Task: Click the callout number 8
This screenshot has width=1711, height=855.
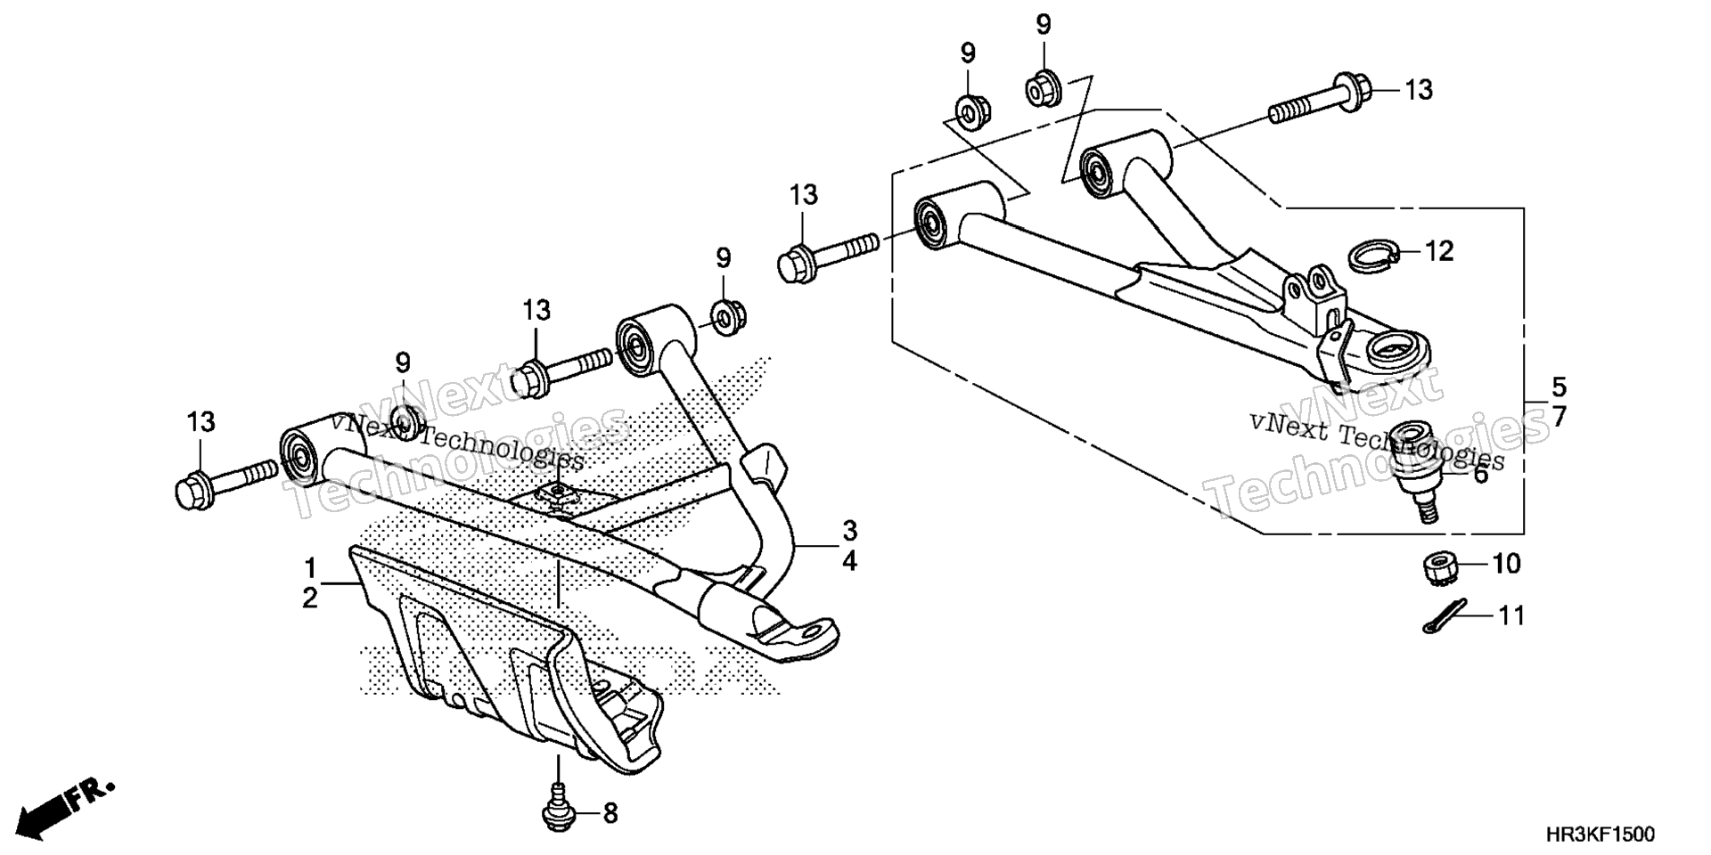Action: [x=610, y=813]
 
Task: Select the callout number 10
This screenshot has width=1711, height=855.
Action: [x=1506, y=564]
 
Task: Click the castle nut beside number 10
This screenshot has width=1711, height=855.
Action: [x=1436, y=568]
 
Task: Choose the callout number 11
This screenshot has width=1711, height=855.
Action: [x=1510, y=615]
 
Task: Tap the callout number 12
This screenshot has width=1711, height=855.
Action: [x=1439, y=251]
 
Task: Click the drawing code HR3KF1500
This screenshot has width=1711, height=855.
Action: [x=1600, y=835]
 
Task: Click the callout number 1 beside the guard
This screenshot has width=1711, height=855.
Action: [x=310, y=567]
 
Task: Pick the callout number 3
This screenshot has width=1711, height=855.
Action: [x=849, y=531]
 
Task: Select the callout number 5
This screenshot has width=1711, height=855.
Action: [x=1559, y=387]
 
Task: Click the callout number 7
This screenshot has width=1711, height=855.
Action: [x=1559, y=416]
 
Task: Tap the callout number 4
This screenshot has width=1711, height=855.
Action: [x=849, y=562]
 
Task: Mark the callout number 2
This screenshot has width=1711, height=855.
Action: [x=310, y=598]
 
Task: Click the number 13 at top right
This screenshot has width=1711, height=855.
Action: [x=1420, y=90]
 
